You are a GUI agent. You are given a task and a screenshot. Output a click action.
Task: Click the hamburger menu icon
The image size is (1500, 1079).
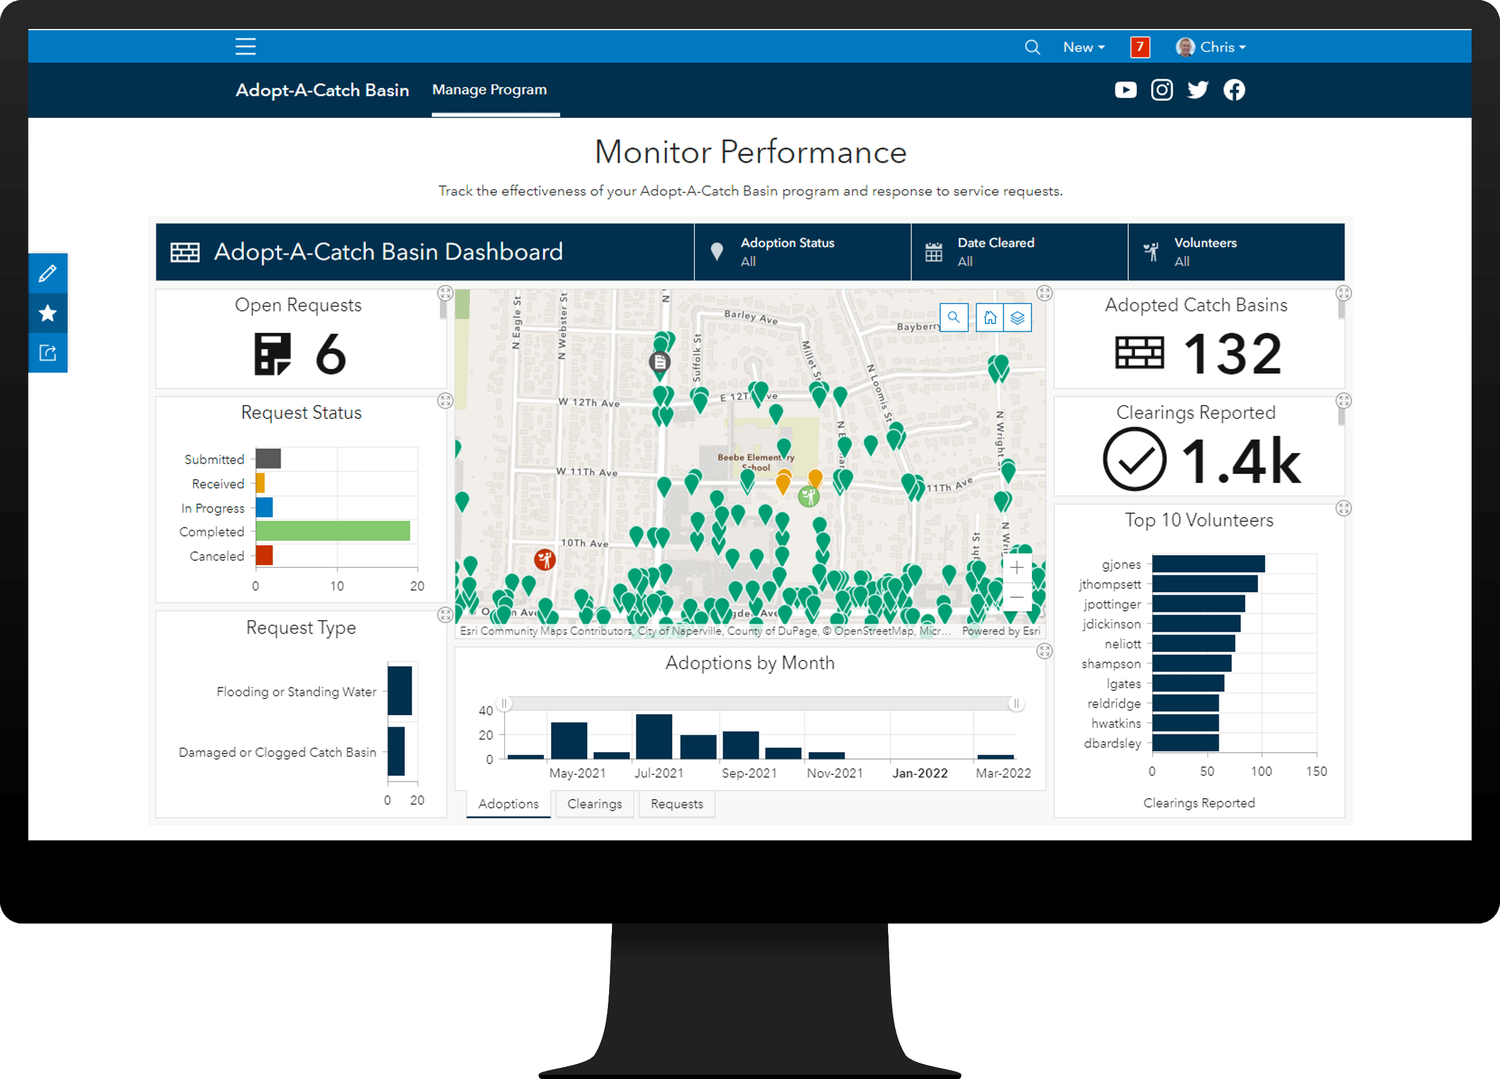click(x=245, y=46)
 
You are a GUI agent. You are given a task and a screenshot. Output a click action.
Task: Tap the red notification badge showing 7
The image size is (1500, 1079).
click(x=1140, y=47)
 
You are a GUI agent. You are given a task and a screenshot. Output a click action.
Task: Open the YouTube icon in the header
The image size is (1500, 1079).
click(x=1125, y=90)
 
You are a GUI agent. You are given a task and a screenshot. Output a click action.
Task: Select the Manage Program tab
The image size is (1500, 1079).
click(x=490, y=90)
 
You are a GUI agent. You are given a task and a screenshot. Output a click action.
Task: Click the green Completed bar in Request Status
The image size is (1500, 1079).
click(x=333, y=531)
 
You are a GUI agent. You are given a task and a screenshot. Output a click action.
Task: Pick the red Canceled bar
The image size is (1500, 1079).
click(x=265, y=556)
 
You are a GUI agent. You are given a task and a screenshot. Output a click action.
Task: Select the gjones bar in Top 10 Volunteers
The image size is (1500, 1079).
click(x=1208, y=564)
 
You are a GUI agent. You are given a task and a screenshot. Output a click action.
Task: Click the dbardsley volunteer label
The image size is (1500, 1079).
click(x=1113, y=744)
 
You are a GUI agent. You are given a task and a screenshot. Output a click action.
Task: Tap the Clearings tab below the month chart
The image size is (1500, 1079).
click(x=595, y=804)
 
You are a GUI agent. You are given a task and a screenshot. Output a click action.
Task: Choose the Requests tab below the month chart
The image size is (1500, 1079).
click(x=676, y=804)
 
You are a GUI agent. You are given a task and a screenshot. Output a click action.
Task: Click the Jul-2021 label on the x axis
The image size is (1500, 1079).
click(x=659, y=773)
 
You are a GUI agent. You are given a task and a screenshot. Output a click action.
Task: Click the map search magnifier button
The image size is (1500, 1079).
click(x=953, y=317)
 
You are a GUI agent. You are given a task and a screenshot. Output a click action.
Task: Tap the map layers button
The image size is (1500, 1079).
click(x=1017, y=317)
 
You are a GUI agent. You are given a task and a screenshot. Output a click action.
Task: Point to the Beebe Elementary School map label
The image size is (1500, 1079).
click(x=755, y=462)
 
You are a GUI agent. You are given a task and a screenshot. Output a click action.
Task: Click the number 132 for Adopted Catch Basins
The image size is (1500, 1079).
click(x=1232, y=354)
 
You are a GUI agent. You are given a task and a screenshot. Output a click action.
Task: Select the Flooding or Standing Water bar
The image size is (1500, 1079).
click(x=400, y=691)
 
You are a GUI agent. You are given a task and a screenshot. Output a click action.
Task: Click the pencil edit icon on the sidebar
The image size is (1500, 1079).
click(x=48, y=273)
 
